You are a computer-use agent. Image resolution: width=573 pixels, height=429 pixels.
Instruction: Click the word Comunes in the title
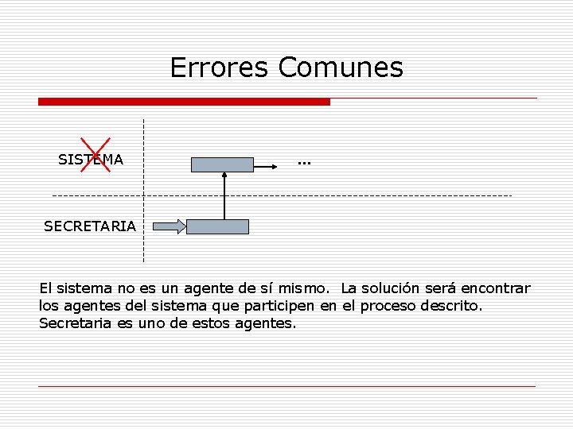point(341,68)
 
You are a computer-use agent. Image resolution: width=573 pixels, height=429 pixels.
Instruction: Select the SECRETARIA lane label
point(90,226)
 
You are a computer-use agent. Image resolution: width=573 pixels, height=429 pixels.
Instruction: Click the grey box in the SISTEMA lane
point(222,164)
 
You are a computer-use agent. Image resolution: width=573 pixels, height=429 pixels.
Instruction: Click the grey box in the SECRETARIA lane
point(217,226)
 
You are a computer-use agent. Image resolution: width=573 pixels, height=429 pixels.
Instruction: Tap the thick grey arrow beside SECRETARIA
point(168,226)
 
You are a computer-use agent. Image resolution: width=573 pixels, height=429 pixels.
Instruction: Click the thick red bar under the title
point(184,102)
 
